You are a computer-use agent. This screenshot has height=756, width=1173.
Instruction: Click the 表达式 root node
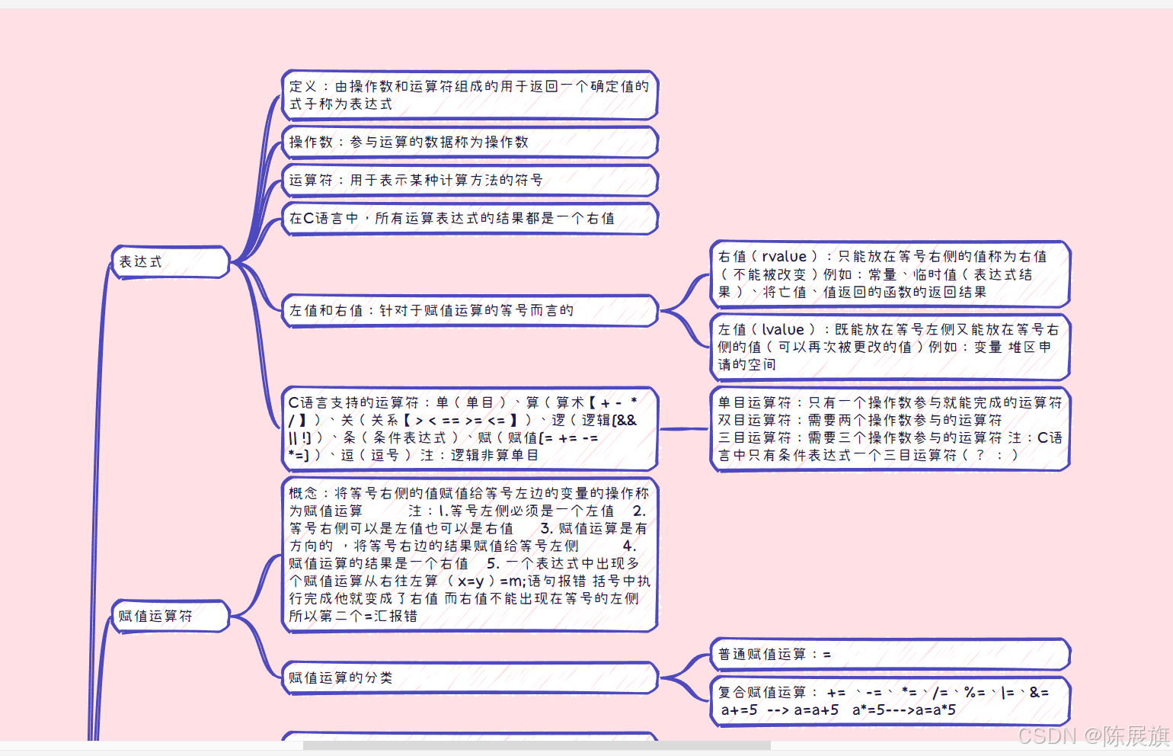coord(170,262)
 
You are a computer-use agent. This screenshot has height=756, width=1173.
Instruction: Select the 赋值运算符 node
coord(170,616)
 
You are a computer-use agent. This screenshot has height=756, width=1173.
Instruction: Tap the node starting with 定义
coord(468,95)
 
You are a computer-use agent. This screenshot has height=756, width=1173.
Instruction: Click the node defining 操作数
coord(468,143)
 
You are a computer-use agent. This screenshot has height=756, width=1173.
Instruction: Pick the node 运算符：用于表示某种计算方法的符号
coord(468,181)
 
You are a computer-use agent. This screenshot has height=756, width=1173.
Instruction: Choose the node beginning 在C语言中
coord(468,219)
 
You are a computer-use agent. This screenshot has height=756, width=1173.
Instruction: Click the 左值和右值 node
coord(468,311)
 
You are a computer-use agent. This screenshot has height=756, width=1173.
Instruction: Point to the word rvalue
coord(784,257)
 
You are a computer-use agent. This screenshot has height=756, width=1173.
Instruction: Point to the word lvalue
coord(783,330)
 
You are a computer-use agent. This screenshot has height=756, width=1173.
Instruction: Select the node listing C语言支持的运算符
coord(468,428)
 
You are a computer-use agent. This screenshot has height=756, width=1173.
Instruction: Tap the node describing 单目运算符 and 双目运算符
coord(890,428)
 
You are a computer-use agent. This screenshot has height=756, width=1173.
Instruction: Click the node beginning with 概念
coord(468,555)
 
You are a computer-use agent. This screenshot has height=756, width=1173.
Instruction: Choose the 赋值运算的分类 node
coord(468,678)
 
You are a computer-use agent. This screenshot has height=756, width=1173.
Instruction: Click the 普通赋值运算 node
coord(890,655)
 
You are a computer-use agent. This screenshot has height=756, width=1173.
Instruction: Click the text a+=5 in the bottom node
coord(740,710)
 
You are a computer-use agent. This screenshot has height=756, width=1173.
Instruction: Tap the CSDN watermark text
coord(1093,736)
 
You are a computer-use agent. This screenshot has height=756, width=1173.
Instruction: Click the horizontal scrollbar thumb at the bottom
coord(536,746)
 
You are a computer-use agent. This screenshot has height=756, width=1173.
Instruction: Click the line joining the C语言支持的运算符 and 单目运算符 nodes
coord(683,429)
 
